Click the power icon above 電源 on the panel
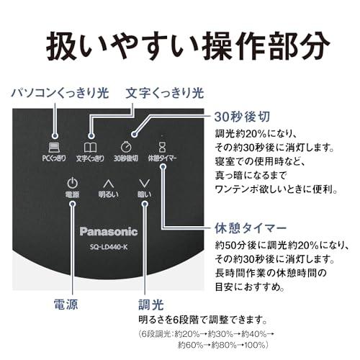click(x=72, y=183)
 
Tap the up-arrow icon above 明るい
click(x=109, y=184)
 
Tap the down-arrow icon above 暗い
click(x=145, y=184)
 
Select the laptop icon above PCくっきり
click(x=54, y=148)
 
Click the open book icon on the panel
click(x=90, y=148)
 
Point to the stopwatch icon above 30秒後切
click(x=126, y=146)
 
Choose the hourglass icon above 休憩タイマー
click(x=162, y=147)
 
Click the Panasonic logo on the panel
click(x=109, y=232)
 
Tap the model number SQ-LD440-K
click(x=109, y=247)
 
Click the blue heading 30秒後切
click(x=242, y=117)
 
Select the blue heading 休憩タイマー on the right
click(x=251, y=228)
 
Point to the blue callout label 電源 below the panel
click(x=66, y=305)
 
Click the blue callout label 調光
click(x=150, y=305)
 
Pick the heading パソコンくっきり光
click(x=60, y=93)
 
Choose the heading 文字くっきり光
click(x=165, y=93)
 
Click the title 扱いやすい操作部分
click(x=188, y=46)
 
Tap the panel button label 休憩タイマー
click(x=162, y=158)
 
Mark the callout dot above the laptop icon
click(x=55, y=136)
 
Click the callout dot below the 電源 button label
click(x=73, y=204)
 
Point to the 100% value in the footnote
click(x=257, y=345)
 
